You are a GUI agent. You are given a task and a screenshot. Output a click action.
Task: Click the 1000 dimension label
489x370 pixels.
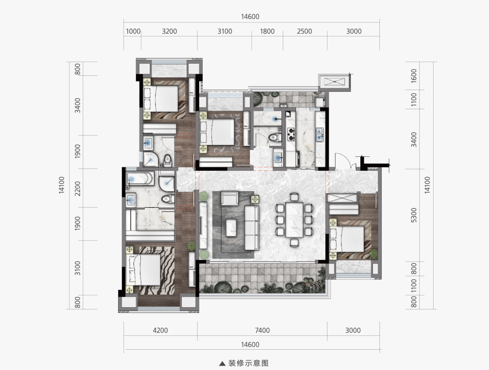pos(133,31)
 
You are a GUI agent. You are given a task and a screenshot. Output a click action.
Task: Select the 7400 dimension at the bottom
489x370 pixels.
pos(262,330)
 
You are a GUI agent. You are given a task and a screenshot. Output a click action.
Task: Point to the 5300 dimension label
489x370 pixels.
pos(414,215)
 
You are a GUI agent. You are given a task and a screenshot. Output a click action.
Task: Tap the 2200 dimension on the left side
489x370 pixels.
pos(78,188)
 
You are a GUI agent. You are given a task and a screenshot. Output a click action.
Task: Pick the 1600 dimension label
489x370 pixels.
pos(414,76)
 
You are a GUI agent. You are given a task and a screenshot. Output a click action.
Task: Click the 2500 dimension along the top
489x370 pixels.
pos(304,31)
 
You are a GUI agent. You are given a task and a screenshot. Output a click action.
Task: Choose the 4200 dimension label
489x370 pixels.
pos(160,330)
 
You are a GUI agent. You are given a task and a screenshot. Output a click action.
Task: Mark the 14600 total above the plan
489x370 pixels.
pos(250,16)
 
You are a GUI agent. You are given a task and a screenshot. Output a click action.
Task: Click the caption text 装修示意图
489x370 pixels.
pos(248,363)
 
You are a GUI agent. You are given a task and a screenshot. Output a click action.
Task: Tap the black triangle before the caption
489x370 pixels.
pos(222,364)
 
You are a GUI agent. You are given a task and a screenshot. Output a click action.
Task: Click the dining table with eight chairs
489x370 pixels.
pos(294,220)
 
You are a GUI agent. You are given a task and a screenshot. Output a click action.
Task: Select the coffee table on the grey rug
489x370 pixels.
pos(231,227)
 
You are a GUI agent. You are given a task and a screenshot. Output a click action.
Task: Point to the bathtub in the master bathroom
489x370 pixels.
pos(140,179)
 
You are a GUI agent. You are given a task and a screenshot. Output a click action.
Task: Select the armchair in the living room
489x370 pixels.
pos(230,198)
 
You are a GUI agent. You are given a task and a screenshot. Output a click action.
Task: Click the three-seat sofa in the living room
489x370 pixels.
pos(251,227)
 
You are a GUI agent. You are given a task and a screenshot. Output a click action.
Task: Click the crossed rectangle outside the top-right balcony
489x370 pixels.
pos(334,82)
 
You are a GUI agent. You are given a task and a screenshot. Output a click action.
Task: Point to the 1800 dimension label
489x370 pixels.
pos(267,31)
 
